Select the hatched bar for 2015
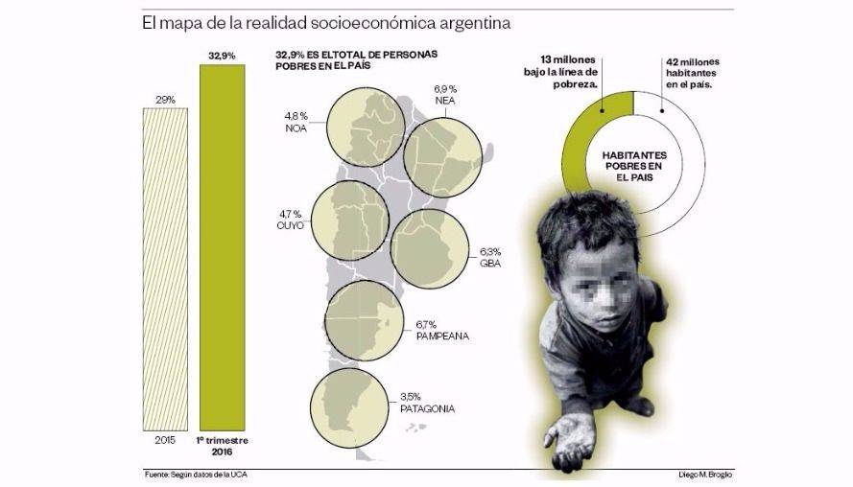pos(165,267)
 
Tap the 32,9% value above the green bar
pos(221,57)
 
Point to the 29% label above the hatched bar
pos(165,99)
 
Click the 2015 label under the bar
pos(165,440)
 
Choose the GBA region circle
pos(430,247)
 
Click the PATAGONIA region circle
pos(351,409)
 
